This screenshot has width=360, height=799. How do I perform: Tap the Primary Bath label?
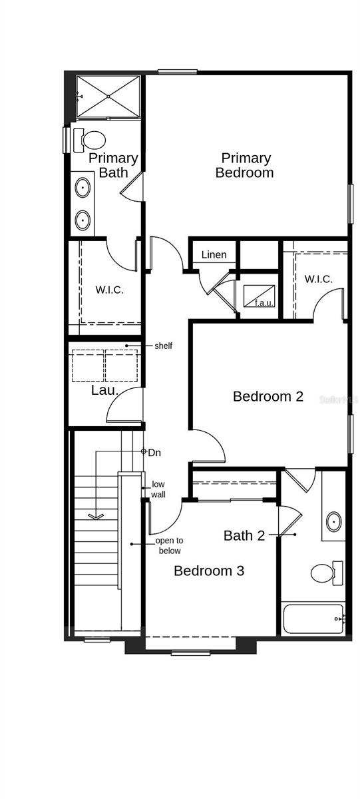113,165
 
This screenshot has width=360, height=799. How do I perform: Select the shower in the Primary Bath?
108,97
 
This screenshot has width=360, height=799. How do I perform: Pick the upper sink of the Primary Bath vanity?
83,187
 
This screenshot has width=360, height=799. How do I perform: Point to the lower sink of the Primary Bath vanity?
83,219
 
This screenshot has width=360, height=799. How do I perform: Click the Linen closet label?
214,254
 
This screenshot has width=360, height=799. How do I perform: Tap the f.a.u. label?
263,303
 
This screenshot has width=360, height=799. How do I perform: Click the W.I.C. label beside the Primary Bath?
109,290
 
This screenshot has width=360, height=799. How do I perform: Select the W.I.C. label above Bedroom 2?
318,279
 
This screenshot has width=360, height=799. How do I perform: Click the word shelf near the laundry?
163,346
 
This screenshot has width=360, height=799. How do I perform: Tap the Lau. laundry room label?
104,390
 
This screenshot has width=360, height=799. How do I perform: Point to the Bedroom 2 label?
268,396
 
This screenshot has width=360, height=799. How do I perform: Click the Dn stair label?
154,453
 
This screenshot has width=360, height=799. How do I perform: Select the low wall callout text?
158,489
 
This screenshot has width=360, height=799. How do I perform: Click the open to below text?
168,545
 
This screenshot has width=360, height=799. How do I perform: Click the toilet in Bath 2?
325,572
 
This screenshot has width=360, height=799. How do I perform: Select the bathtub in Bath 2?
313,619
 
